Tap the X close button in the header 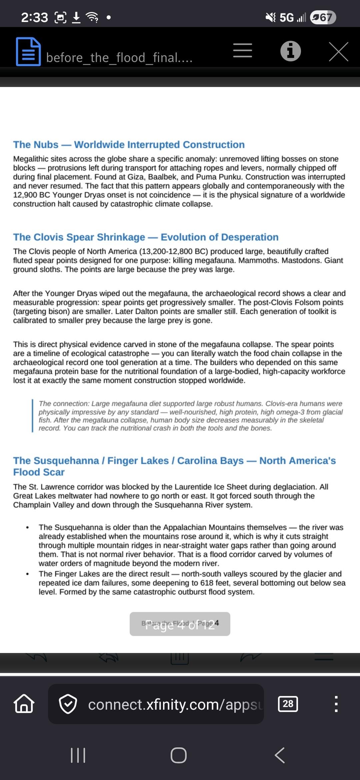click(338, 52)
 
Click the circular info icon click(290, 51)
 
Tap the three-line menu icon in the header click(242, 51)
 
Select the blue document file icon click(28, 52)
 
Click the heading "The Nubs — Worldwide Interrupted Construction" click(129, 145)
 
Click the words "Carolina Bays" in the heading click(210, 461)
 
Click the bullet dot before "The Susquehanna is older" click(27, 528)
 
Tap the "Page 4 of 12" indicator click(180, 624)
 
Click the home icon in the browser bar click(24, 704)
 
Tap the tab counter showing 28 click(288, 704)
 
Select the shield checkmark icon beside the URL click(68, 704)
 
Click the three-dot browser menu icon click(336, 704)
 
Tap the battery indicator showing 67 click(323, 17)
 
